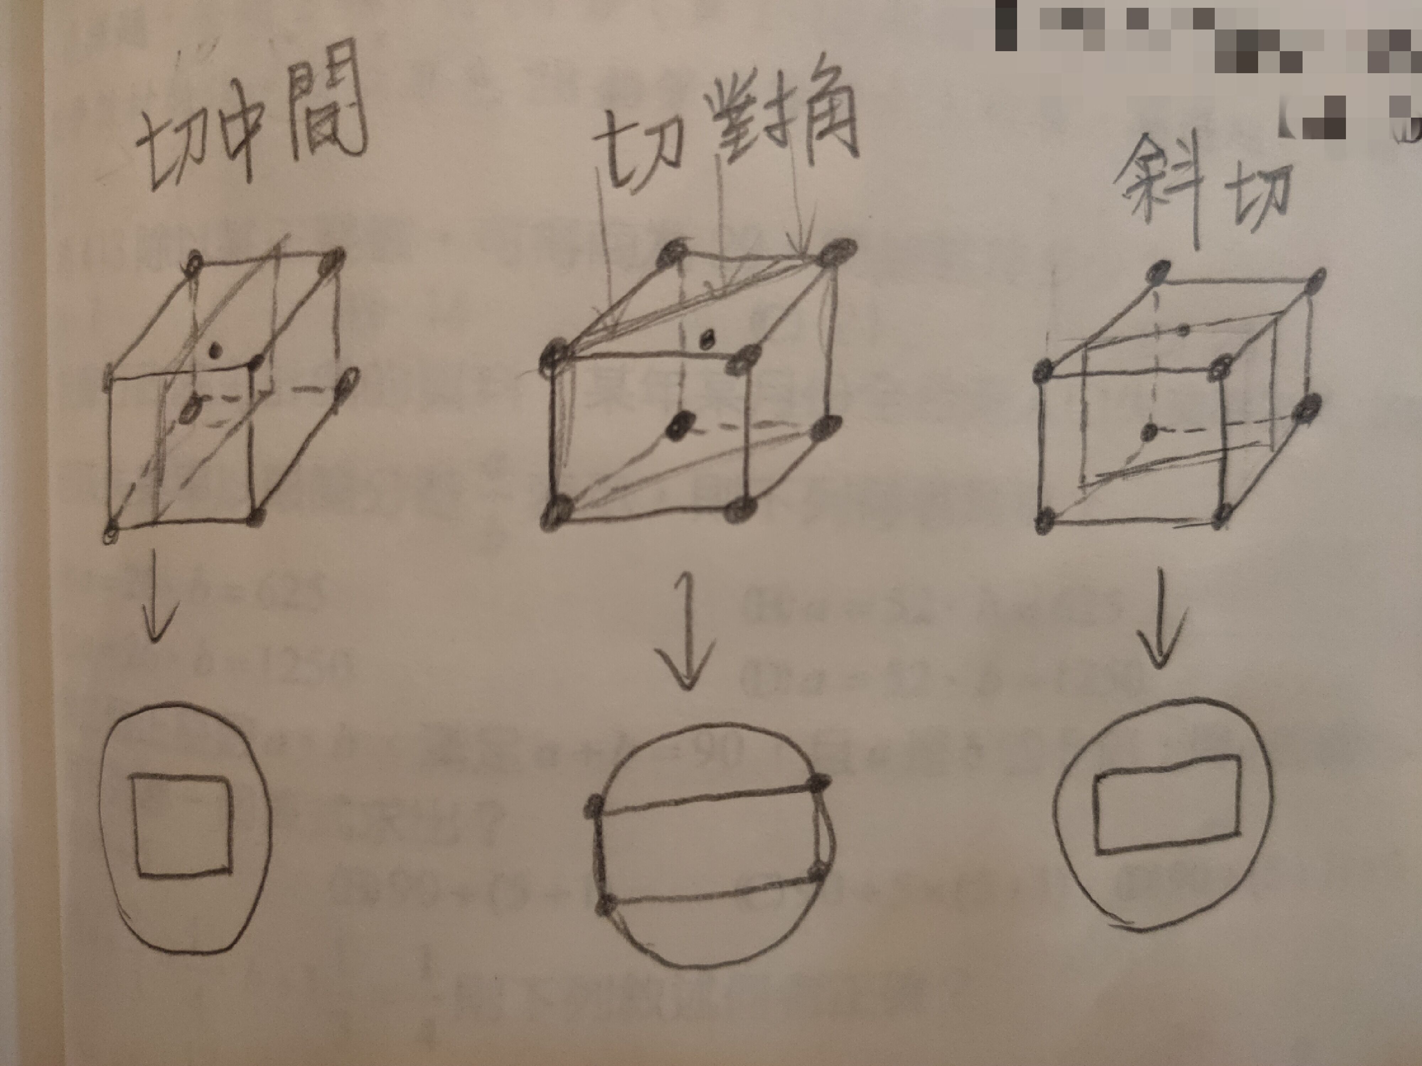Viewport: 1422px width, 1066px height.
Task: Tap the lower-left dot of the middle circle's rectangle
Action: coord(604,906)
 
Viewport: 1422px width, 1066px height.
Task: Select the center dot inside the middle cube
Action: coord(679,424)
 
